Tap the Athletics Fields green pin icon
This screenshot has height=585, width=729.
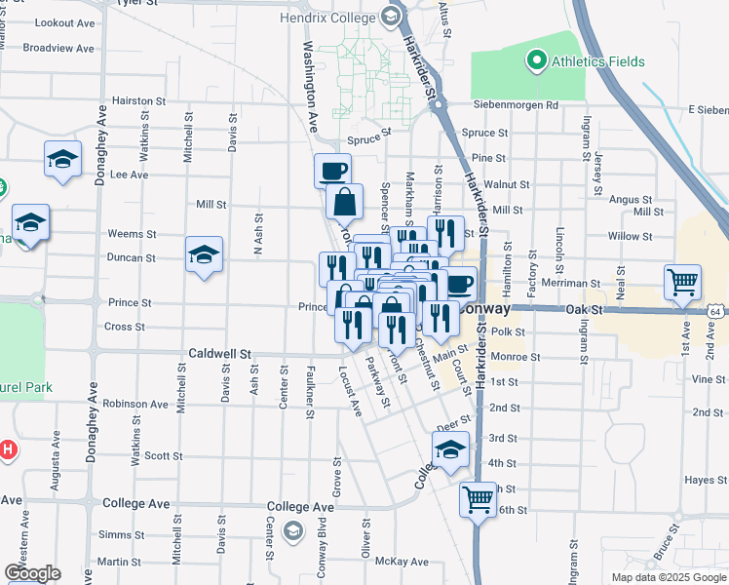535,62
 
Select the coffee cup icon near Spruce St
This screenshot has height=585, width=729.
332,171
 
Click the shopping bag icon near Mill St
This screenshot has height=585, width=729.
345,202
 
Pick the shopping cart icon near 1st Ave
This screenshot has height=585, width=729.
682,282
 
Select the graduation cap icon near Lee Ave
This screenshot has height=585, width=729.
62,159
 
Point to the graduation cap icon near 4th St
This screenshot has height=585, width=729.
450,449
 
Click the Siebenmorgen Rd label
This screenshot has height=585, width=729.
516,105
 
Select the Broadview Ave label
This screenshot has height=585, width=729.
58,48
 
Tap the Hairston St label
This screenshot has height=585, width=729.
138,100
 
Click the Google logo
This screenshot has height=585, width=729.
32,573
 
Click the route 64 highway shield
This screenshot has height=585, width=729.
716,311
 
